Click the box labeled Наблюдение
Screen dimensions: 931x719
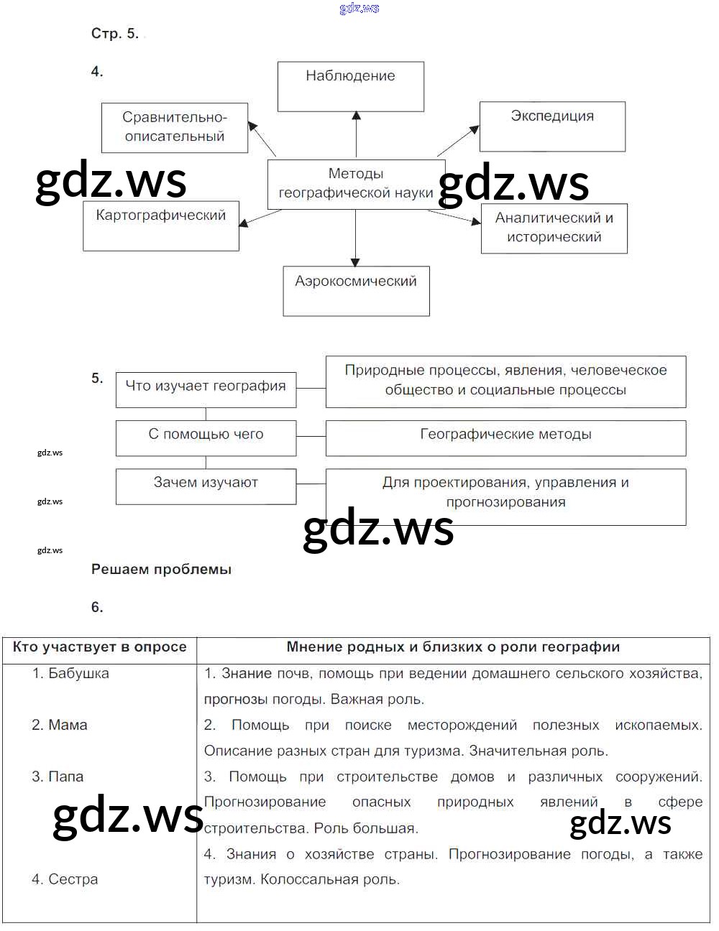tap(350, 86)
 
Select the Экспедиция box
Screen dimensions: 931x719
tap(552, 126)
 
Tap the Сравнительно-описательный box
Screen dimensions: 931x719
tap(175, 127)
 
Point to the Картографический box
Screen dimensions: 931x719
tap(161, 226)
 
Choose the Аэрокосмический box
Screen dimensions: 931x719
tap(356, 291)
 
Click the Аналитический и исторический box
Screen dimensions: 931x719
tap(554, 228)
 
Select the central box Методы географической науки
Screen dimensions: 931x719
tap(355, 184)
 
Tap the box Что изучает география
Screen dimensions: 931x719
tap(206, 389)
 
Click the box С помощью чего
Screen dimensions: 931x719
tap(206, 437)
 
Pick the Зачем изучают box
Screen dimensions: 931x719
tap(206, 486)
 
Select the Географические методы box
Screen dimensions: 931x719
tap(505, 437)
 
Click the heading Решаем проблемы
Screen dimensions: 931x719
tap(161, 570)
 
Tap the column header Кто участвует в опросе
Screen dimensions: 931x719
tap(99, 647)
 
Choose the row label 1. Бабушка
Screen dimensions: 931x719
tap(70, 674)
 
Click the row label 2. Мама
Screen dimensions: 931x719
tap(60, 726)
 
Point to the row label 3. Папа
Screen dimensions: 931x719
tap(58, 777)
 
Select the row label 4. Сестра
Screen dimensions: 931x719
tap(65, 880)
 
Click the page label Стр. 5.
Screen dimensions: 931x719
tap(114, 34)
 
